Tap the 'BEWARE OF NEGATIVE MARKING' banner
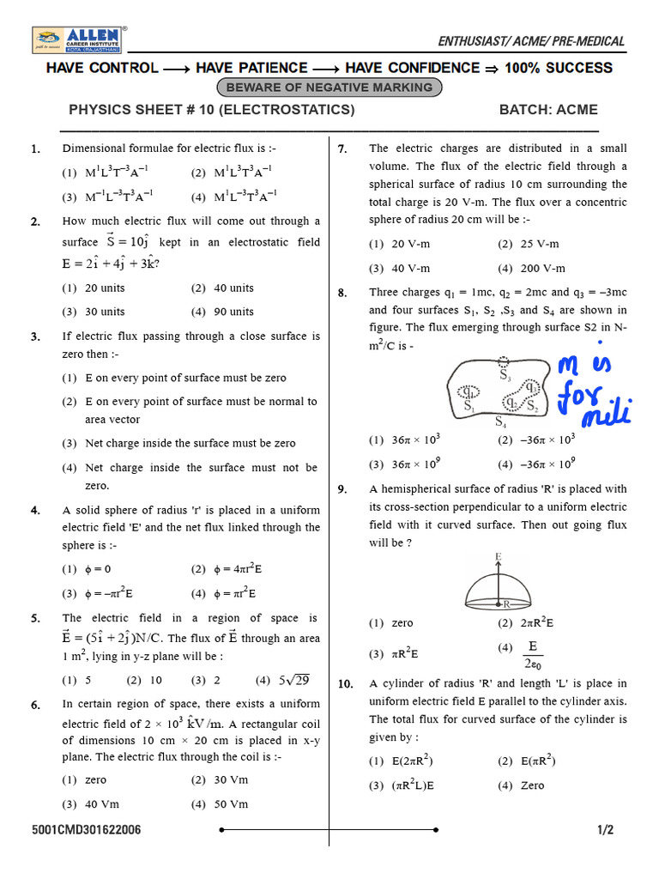[330, 88]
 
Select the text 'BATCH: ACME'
[548, 110]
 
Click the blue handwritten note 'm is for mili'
[593, 391]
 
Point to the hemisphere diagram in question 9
[499, 586]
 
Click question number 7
[342, 149]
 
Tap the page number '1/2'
[606, 830]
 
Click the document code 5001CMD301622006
[87, 830]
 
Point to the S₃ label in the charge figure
[505, 375]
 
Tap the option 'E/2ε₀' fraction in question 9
[532, 653]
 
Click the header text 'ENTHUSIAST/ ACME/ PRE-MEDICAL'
[531, 41]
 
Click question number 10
[345, 684]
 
